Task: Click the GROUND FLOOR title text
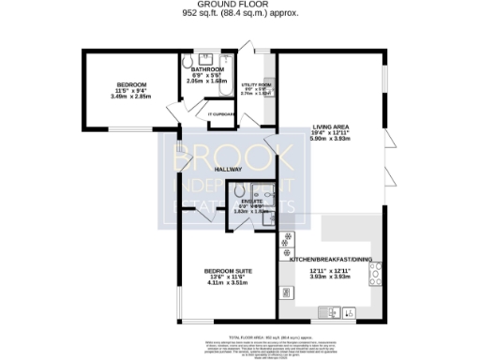coord(241,5)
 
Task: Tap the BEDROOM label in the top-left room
coord(125,83)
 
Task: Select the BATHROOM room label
coord(207,69)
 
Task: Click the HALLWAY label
coord(227,169)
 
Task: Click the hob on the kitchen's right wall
coord(376,274)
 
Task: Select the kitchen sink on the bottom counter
coord(330,312)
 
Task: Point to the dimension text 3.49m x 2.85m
coord(125,97)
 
